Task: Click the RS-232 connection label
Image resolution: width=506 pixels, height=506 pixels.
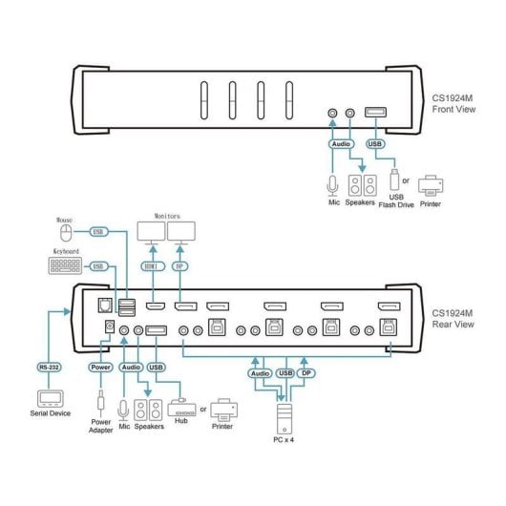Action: [49, 368]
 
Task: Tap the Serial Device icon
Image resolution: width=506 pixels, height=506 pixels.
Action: [50, 399]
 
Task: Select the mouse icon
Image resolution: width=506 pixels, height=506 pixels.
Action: [66, 233]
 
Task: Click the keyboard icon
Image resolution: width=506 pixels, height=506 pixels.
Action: [65, 266]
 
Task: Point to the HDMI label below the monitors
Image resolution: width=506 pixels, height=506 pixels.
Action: [153, 266]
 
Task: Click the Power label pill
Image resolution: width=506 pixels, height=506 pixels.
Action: [100, 368]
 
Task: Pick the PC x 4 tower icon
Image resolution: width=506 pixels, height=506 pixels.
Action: [285, 418]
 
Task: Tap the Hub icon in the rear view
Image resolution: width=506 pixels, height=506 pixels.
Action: [181, 408]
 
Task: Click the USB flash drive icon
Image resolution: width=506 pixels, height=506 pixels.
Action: [394, 179]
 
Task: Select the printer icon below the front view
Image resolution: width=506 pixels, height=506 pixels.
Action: [431, 185]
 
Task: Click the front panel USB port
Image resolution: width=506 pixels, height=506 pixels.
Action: [375, 113]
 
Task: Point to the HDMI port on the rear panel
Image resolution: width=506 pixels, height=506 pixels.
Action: [156, 306]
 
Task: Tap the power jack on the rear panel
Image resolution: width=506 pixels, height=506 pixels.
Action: [110, 327]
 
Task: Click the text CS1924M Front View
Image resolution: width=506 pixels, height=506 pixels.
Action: [453, 104]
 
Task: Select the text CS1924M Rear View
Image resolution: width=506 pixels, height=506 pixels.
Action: [453, 319]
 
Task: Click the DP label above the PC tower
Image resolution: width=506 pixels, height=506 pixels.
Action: [306, 373]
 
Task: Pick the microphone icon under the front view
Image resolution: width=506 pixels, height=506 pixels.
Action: [332, 186]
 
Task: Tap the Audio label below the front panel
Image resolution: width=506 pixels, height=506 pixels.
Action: [341, 144]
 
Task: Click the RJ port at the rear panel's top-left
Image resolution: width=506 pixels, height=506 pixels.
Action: [105, 306]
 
